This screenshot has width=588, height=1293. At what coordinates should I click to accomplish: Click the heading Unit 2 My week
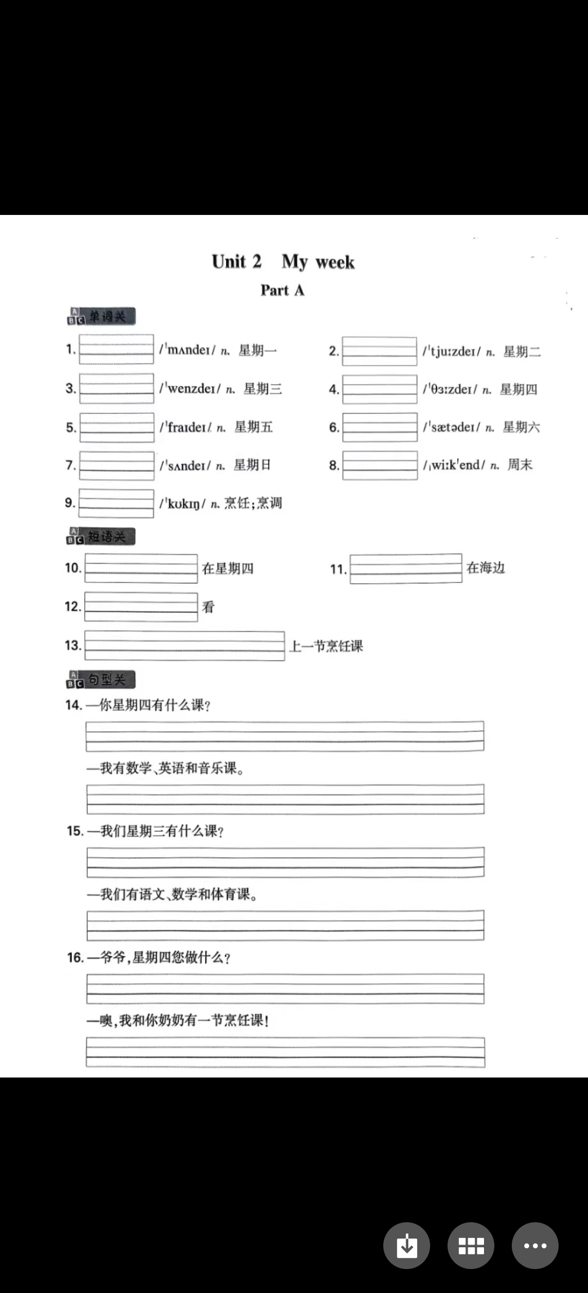(283, 262)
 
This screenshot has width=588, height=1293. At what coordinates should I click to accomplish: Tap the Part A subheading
(282, 290)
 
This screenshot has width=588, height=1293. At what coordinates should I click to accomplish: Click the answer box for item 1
(116, 349)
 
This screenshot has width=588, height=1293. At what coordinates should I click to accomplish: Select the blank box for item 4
(379, 389)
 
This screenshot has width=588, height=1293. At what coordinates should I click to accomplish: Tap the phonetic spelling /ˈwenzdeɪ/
(190, 389)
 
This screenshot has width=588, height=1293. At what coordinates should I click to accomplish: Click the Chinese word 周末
(520, 465)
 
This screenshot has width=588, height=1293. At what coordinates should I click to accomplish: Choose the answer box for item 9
(116, 503)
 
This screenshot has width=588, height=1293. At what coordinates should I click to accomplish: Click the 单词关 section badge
(101, 317)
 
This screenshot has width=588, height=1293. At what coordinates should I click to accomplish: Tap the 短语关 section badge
(101, 537)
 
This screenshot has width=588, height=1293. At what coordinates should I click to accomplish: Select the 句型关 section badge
(101, 680)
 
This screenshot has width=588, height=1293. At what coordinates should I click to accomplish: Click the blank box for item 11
(406, 569)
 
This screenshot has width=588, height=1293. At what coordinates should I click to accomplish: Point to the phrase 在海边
(486, 568)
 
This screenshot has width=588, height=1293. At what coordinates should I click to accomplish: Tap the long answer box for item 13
(184, 646)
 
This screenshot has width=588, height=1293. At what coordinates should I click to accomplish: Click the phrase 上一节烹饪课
(326, 646)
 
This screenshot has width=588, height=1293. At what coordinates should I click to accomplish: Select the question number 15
(75, 831)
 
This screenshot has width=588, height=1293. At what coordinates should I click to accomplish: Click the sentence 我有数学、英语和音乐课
(172, 768)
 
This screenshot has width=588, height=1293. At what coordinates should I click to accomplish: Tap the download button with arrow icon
(406, 1245)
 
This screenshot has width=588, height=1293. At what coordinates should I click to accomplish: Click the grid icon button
(471, 1245)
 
